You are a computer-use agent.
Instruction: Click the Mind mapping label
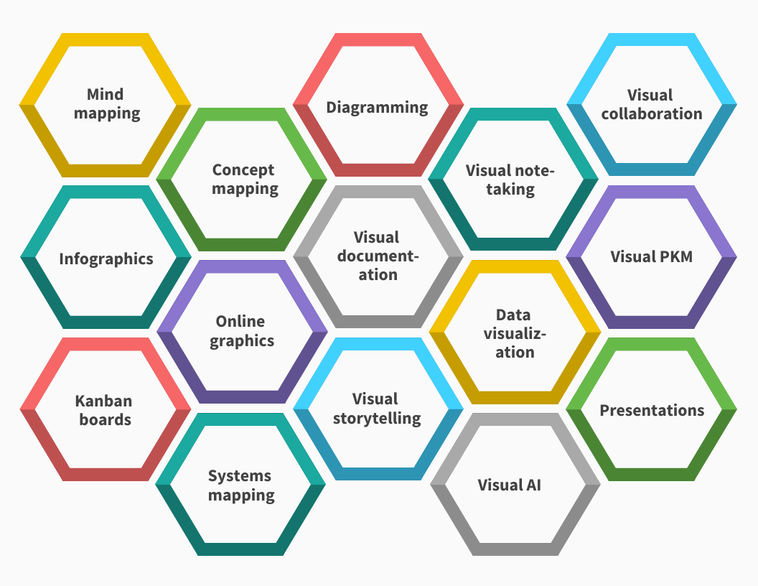tap(106, 104)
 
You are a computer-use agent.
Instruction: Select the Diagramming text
tap(377, 108)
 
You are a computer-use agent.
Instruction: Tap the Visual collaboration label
tap(651, 105)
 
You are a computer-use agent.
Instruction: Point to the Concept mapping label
tap(243, 180)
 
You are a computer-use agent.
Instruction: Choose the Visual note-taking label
tap(510, 180)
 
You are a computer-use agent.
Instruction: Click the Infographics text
tap(106, 259)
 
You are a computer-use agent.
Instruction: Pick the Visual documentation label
tap(378, 256)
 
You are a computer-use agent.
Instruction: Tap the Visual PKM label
tap(651, 256)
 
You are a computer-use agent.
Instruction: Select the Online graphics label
tap(241, 331)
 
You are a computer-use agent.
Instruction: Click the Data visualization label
tap(514, 333)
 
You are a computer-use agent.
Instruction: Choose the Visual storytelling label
tap(376, 409)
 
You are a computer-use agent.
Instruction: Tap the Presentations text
tap(652, 411)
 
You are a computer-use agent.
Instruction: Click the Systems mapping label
tap(240, 485)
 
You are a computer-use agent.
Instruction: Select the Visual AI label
tap(510, 485)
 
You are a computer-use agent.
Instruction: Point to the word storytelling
tap(376, 418)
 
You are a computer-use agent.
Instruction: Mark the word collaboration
tap(651, 113)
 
